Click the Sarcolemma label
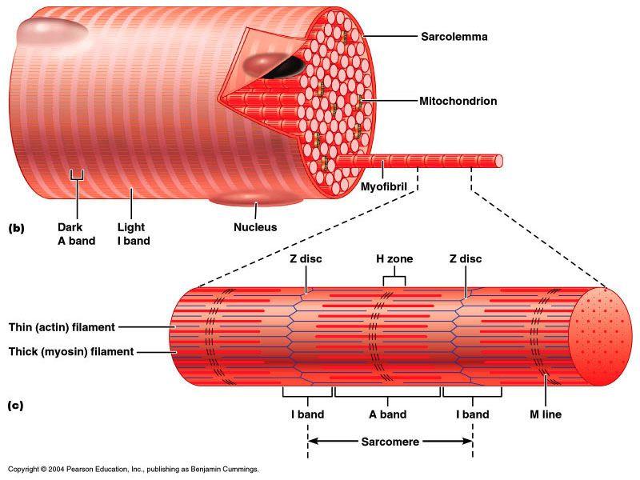(454, 37)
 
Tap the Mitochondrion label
(458, 102)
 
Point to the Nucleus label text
(255, 227)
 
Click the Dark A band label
(76, 234)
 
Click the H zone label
(394, 258)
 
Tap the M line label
(546, 414)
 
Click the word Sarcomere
(390, 441)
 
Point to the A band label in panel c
(387, 414)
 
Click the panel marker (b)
(17, 228)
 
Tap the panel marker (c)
(16, 405)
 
